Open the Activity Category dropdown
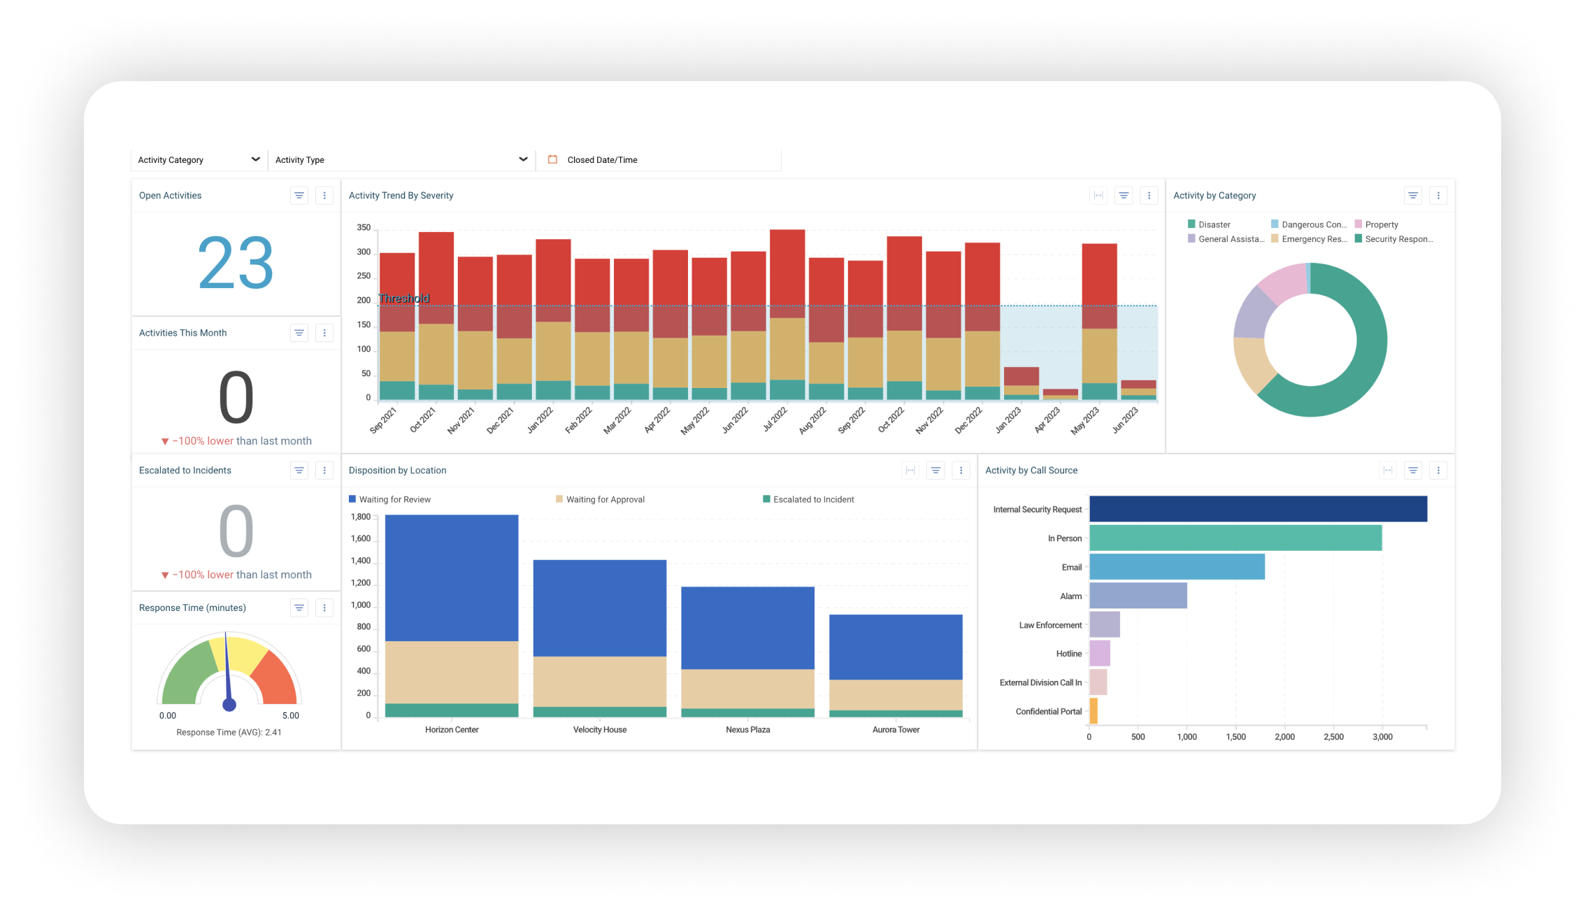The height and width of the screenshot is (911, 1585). [199, 160]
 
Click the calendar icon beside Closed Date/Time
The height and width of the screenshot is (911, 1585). [552, 159]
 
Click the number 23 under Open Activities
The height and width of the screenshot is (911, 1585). [236, 263]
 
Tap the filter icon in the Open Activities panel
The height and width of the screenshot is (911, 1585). [299, 196]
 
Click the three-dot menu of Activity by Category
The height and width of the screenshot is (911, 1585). [1438, 196]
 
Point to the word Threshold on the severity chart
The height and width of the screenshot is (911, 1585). [403, 299]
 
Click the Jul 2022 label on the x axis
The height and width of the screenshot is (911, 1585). [775, 419]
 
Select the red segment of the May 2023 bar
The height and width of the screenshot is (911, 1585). [1099, 276]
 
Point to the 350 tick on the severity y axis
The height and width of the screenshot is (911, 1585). [364, 228]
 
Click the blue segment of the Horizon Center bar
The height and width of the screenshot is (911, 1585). [452, 577]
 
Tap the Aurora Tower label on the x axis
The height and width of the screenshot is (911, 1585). [896, 730]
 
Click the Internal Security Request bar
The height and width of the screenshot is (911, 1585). [1258, 509]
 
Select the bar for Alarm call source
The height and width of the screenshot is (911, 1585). [1138, 596]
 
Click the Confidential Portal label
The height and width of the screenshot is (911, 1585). [1048, 712]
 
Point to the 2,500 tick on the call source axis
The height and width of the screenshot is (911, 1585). [1333, 737]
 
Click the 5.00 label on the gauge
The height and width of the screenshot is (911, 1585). [290, 716]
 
